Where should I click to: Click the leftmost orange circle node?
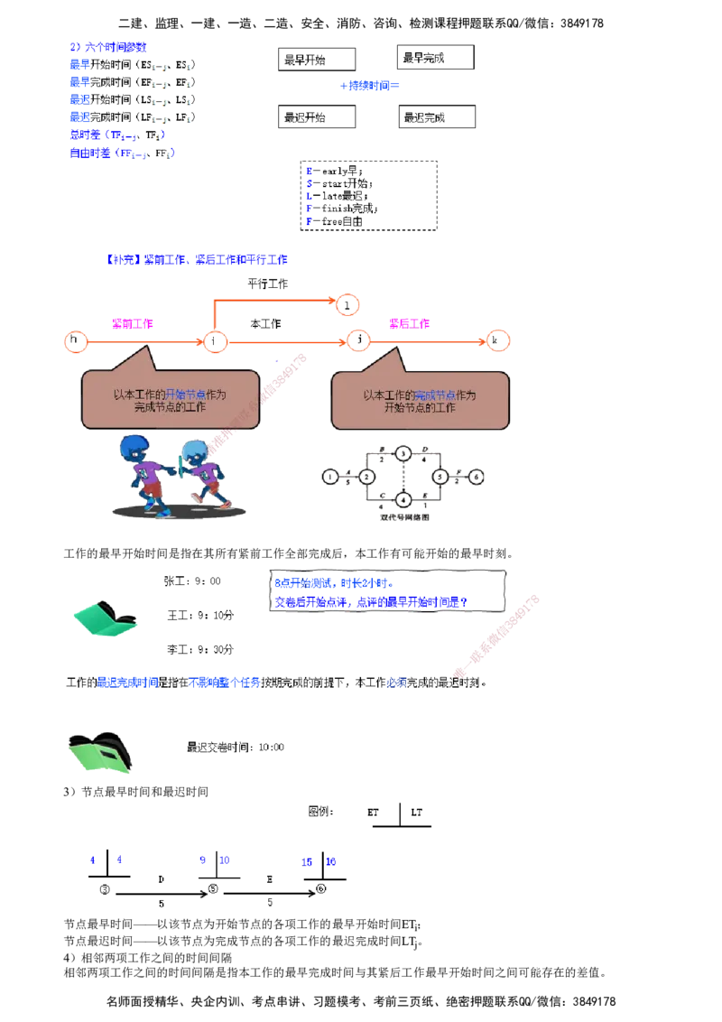[77, 341]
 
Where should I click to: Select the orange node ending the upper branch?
[348, 304]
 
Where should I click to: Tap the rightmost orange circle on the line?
[498, 341]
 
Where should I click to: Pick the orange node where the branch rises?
[215, 341]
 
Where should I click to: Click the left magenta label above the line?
[133, 324]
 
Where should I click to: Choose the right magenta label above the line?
[408, 324]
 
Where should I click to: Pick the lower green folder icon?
[99, 752]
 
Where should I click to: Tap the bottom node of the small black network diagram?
[403, 499]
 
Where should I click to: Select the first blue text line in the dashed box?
[333, 583]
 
